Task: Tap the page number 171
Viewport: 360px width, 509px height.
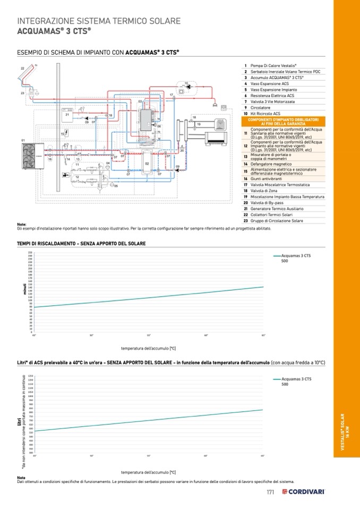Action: click(x=270, y=492)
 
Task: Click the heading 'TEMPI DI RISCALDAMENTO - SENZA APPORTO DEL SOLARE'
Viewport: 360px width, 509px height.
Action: click(x=81, y=243)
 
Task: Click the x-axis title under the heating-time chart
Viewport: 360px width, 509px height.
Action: click(x=148, y=349)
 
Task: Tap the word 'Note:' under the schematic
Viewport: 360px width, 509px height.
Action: click(x=22, y=224)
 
